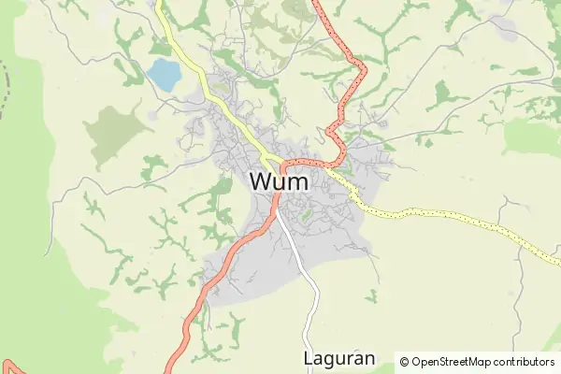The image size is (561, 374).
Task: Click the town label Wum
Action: tap(280, 181)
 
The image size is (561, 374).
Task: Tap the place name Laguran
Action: tap(338, 358)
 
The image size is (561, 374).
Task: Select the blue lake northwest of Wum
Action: tap(164, 73)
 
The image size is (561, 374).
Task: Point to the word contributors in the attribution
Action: tap(525, 362)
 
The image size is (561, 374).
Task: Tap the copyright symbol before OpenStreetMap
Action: tap(405, 362)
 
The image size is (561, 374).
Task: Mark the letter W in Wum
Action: tap(263, 181)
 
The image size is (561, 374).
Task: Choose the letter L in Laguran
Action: tap(309, 358)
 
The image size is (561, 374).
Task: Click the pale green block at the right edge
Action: tap(533, 136)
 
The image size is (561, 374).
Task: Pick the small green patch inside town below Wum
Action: tap(305, 216)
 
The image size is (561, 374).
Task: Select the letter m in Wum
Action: tap(298, 183)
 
